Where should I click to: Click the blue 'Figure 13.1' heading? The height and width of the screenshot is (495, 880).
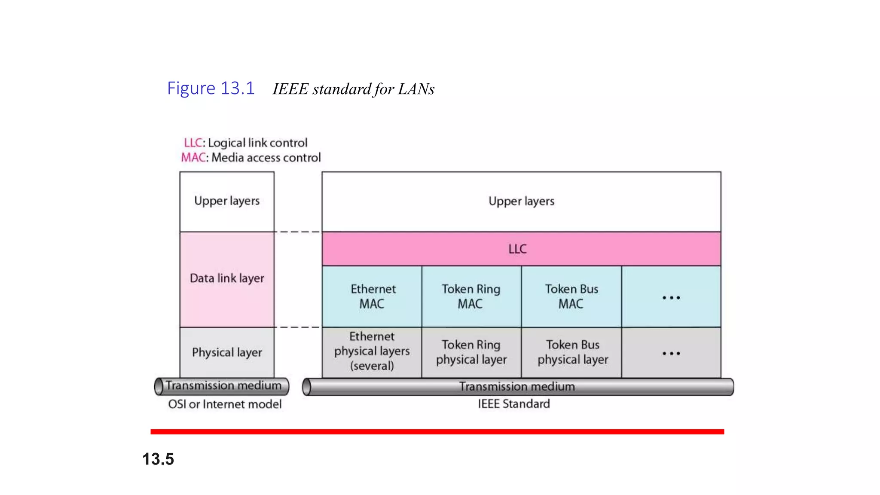(211, 89)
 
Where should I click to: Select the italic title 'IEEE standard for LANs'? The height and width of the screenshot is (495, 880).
(353, 89)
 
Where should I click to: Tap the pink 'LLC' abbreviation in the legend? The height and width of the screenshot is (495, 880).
(192, 143)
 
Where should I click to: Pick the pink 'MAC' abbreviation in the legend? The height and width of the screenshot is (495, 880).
(193, 158)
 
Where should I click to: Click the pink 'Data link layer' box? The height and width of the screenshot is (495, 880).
(227, 279)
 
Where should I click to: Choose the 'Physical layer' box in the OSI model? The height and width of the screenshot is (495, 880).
(227, 352)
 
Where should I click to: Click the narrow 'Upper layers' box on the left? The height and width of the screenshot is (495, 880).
(227, 201)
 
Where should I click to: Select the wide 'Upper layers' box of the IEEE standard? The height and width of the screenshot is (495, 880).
(521, 201)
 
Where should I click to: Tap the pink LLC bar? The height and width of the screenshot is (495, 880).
(521, 249)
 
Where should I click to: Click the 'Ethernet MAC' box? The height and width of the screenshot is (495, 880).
(372, 296)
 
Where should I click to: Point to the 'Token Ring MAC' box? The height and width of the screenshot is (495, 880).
(471, 296)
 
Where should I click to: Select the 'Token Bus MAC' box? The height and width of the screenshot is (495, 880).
(571, 296)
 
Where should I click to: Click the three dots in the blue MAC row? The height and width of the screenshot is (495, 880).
(671, 297)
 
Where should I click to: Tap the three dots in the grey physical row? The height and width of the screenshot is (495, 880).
(671, 353)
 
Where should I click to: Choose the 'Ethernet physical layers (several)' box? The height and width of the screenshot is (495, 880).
(372, 351)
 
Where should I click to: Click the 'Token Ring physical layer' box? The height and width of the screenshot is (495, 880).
(471, 352)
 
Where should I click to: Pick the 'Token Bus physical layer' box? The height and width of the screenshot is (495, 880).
(572, 352)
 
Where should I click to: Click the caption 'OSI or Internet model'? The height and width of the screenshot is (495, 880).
(225, 404)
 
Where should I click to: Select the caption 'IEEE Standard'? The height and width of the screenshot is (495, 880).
(514, 404)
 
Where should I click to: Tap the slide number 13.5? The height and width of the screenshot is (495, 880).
(158, 459)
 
